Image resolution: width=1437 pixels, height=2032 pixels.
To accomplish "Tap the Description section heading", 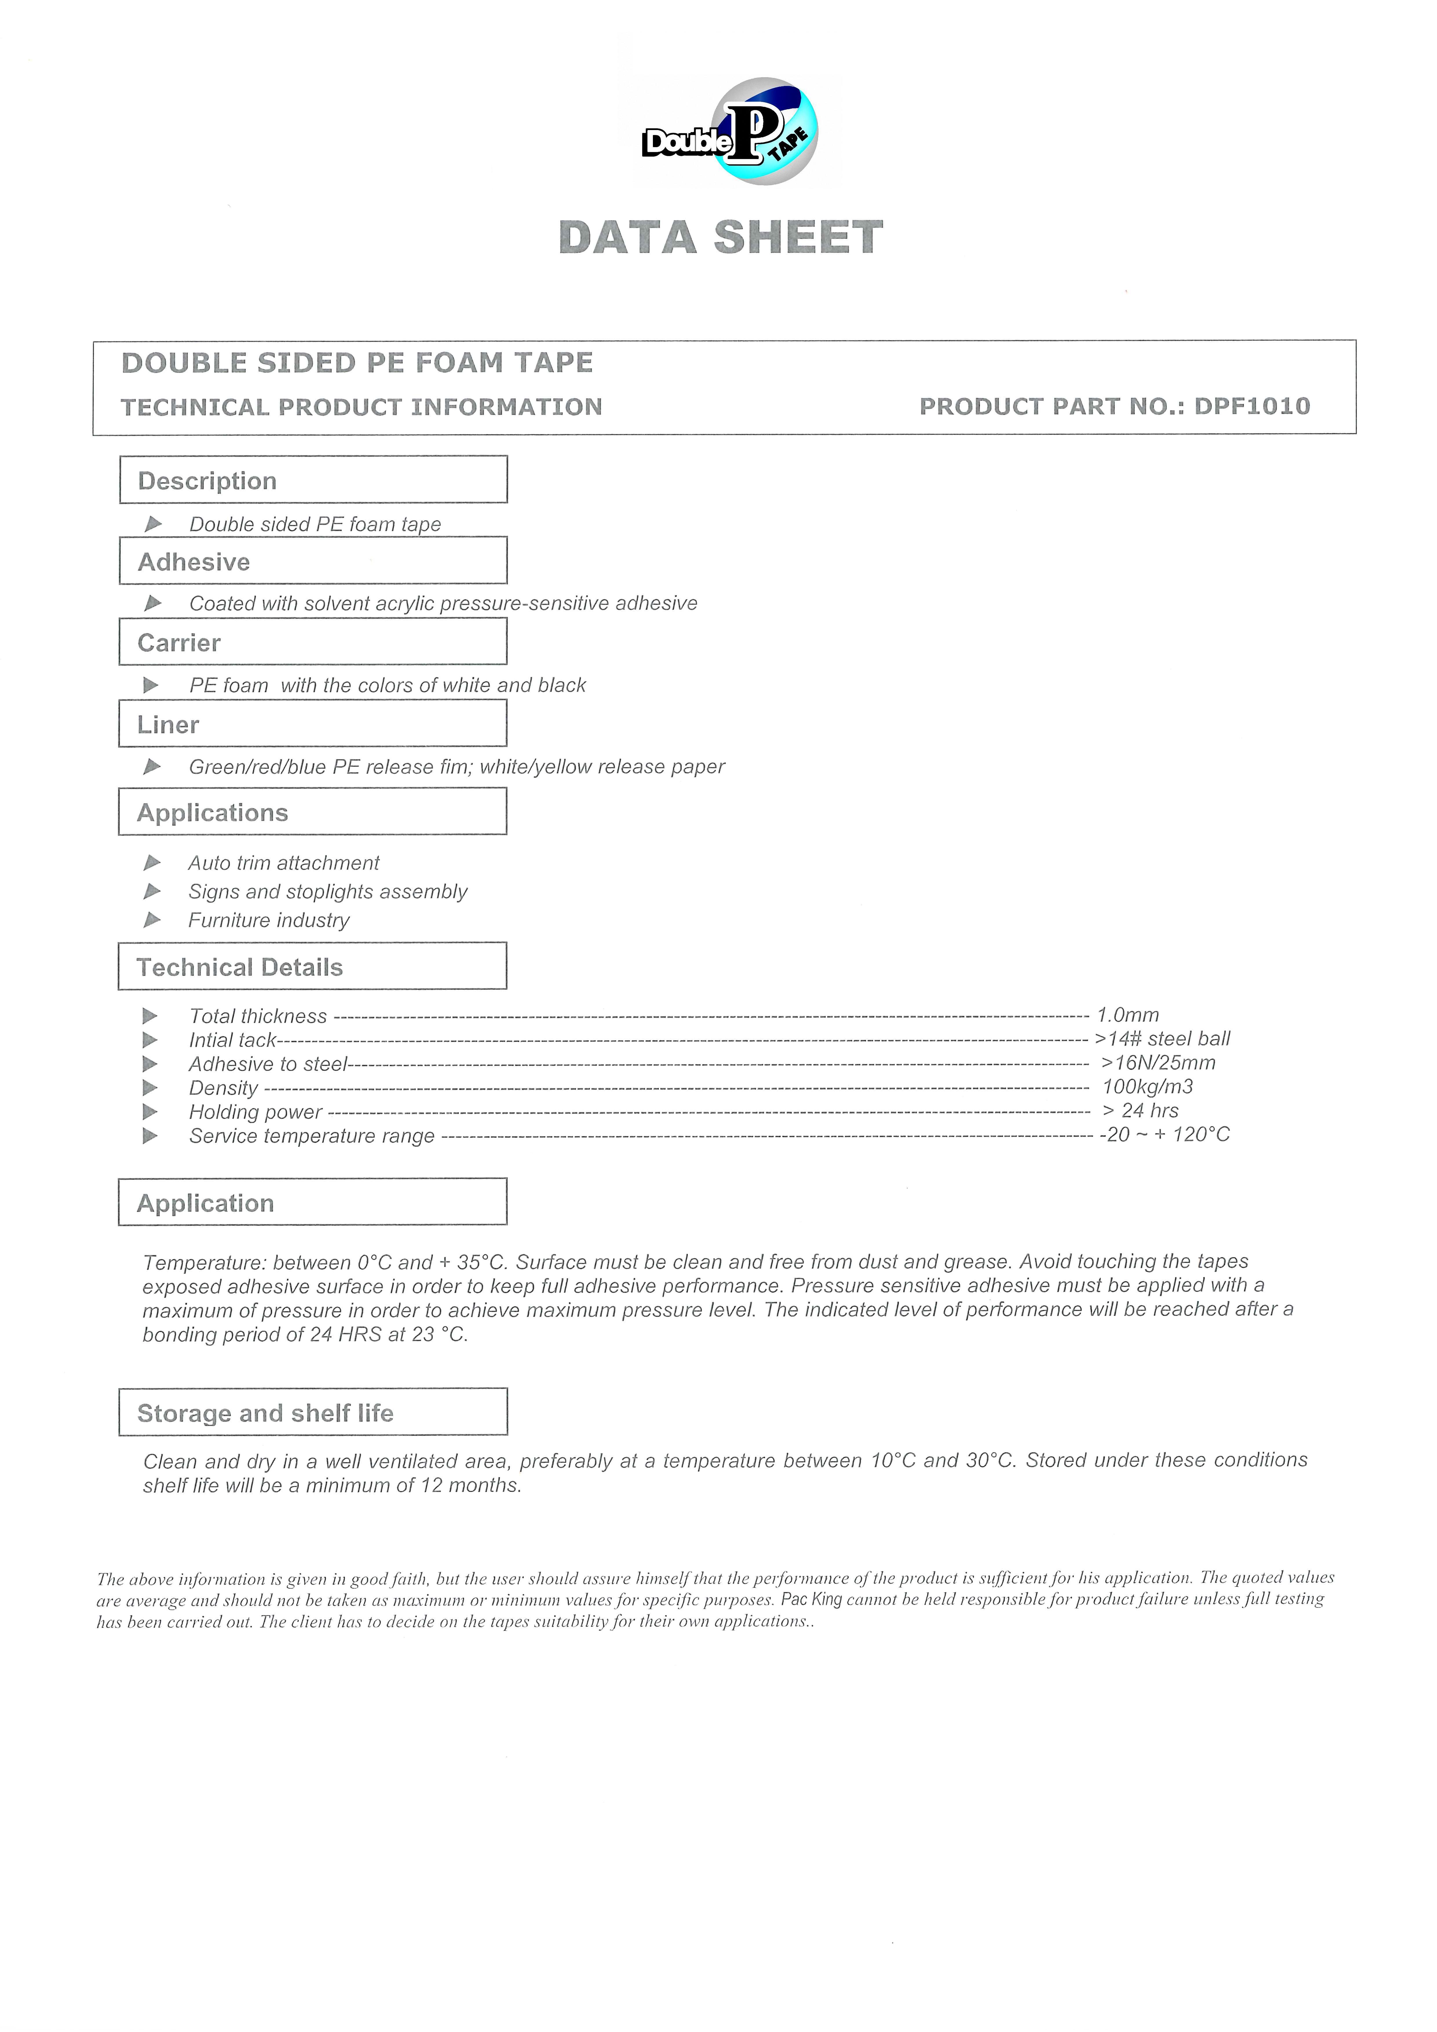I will pos(207,480).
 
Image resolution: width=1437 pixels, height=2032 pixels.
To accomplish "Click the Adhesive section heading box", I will pos(313,561).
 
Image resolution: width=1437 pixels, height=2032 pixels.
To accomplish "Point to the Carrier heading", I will pos(179,642).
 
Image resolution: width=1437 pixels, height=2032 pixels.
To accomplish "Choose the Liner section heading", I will pos(168,725).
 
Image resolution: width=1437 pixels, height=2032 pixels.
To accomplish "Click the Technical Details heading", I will pos(239,967).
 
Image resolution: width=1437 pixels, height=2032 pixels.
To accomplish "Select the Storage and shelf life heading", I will pos(265,1413).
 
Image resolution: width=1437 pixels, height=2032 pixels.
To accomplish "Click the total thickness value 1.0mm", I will pos(1127,1015).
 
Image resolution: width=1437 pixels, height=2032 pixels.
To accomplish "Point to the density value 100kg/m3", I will pos(1147,1087).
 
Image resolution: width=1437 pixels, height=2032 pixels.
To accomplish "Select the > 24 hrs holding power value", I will pos(1140,1111).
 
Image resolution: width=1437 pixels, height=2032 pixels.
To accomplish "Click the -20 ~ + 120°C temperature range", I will pos(1164,1134).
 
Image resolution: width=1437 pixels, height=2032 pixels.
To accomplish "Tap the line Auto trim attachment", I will pos(283,863).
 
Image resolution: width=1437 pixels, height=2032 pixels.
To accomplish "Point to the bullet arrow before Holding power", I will pos(151,1112).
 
